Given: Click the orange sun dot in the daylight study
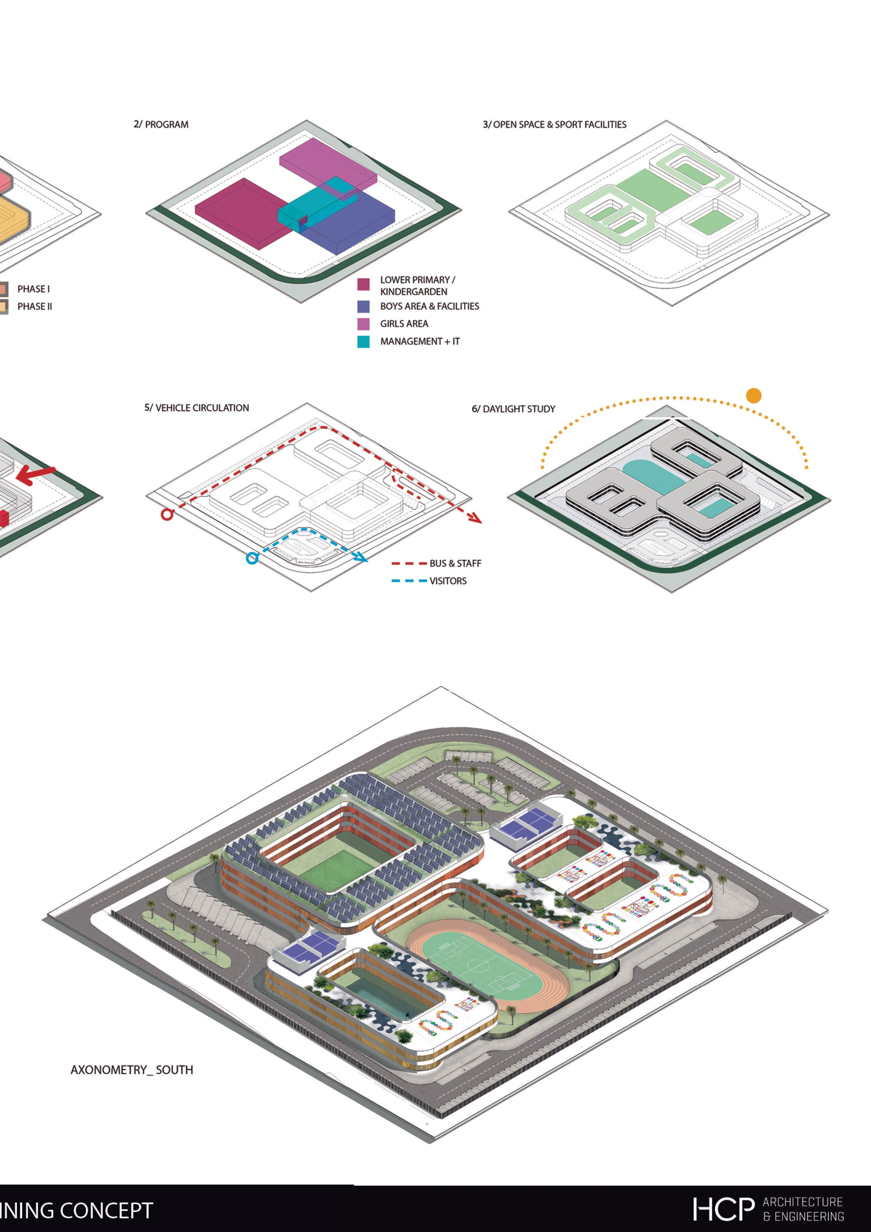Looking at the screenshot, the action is click(x=754, y=396).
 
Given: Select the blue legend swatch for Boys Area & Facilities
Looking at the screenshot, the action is click(x=363, y=306).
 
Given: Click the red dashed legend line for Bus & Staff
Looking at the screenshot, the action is click(x=409, y=563).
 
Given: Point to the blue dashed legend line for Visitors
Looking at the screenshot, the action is click(x=409, y=581).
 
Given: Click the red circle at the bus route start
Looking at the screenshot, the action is click(x=167, y=515).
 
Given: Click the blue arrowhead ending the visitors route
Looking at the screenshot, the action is click(x=362, y=559).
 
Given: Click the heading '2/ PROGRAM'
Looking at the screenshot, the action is click(x=161, y=124).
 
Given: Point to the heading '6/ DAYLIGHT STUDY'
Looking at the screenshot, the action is click(x=513, y=409).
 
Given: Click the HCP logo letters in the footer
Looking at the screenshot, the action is click(x=723, y=1209).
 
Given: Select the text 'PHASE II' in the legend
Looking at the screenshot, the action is click(x=34, y=306).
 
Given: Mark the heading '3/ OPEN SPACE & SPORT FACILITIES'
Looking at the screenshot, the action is click(x=555, y=124).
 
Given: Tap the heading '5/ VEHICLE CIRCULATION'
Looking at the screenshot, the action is click(x=196, y=408).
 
